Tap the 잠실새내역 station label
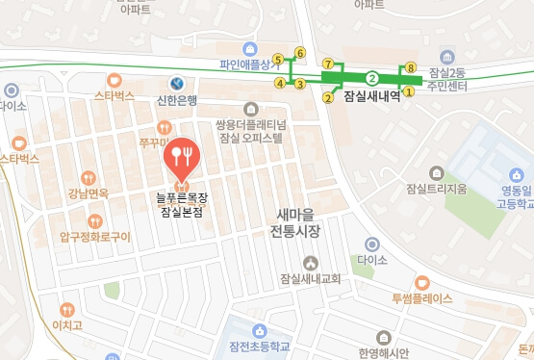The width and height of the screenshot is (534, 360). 370,97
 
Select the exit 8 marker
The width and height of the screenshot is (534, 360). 411,67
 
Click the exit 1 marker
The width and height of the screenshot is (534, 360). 408,92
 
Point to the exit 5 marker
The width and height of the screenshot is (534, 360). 278,60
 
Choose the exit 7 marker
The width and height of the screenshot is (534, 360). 327,63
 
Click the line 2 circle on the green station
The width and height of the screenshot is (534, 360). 371,77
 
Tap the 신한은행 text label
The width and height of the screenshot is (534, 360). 176,101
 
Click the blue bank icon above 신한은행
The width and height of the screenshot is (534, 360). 176,84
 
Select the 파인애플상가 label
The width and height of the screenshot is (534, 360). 245,66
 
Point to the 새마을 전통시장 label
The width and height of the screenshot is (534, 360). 294,223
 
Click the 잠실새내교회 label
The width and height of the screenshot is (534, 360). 310,279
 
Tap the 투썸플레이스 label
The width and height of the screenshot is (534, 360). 421,298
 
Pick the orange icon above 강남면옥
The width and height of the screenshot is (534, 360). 89,177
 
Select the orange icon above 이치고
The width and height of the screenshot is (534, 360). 66,310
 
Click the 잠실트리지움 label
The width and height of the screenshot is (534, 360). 436,188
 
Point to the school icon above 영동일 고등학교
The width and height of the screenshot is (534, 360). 519,176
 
